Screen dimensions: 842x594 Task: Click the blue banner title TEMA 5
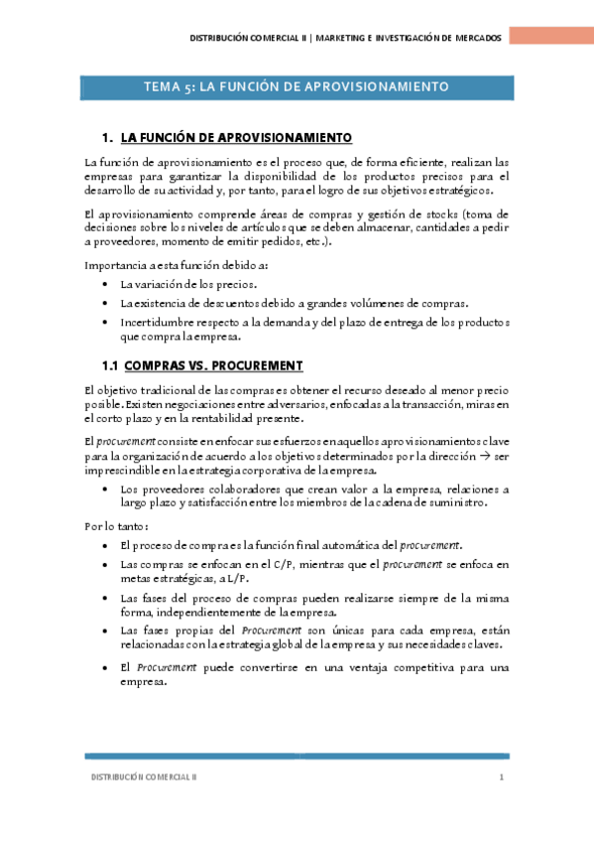coord(297,87)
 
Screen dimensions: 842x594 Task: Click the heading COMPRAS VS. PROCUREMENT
coord(213,365)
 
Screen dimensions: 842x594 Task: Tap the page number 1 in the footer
coord(503,777)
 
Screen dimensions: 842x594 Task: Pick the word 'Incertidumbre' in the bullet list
coord(155,323)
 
